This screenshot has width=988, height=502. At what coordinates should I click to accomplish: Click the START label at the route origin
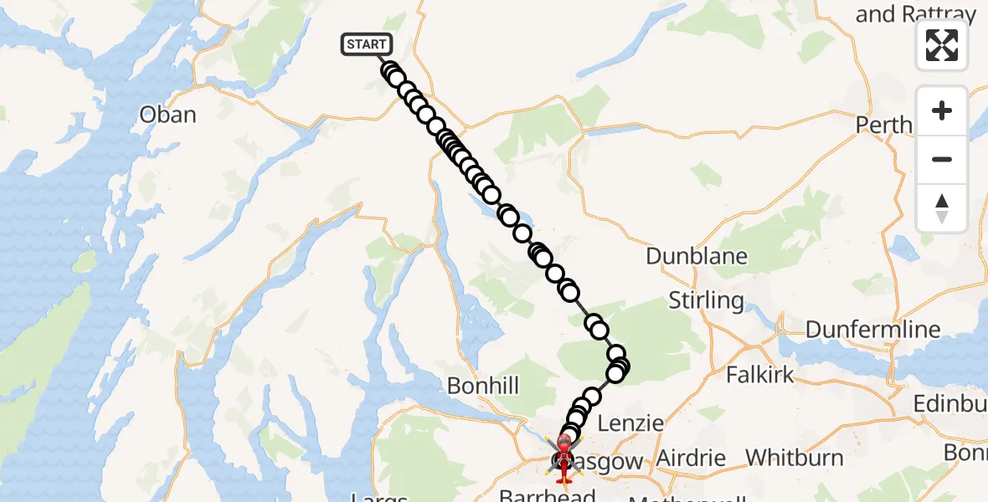[x=366, y=44]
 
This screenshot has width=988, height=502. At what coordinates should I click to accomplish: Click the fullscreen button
[x=942, y=45]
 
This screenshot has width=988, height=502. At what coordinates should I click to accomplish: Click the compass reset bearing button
[x=942, y=208]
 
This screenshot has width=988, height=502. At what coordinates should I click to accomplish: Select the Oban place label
[x=168, y=115]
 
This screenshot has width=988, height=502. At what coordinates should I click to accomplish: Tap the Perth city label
[x=883, y=125]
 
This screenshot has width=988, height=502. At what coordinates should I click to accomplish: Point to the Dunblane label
[x=696, y=255]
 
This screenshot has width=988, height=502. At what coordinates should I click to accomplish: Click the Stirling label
[x=707, y=300]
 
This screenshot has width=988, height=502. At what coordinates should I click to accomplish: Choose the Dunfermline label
[x=873, y=330]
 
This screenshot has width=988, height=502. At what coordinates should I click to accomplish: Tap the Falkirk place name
[x=759, y=374]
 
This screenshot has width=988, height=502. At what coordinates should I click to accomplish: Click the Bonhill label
[x=483, y=386]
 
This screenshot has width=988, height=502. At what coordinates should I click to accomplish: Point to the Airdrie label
[x=692, y=458]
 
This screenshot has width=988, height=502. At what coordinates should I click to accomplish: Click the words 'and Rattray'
[x=916, y=14]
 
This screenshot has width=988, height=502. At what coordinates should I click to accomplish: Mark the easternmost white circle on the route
[x=620, y=366]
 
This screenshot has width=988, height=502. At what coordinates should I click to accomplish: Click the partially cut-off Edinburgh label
[x=949, y=403]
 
